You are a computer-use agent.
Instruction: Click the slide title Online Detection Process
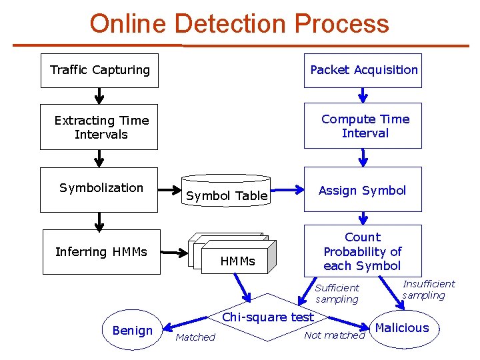[x=239, y=23]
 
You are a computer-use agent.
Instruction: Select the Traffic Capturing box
[x=99, y=71]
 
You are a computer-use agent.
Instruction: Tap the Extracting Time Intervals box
[x=99, y=127]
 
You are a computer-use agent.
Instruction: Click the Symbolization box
[x=99, y=189]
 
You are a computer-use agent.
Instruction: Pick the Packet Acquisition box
[x=363, y=71]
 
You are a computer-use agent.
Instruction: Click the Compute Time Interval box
[x=363, y=125]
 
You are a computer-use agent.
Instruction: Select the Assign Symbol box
[x=363, y=190]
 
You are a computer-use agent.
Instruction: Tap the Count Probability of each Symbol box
[x=363, y=251]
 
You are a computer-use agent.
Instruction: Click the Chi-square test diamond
[x=267, y=317]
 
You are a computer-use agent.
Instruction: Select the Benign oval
[x=133, y=330]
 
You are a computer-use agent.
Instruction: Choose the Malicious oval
[x=402, y=328]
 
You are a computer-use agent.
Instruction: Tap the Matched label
[x=195, y=337]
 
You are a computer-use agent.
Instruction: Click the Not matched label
[x=334, y=335]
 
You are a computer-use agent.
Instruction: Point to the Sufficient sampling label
[x=337, y=293]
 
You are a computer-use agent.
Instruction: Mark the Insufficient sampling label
[x=428, y=289]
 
